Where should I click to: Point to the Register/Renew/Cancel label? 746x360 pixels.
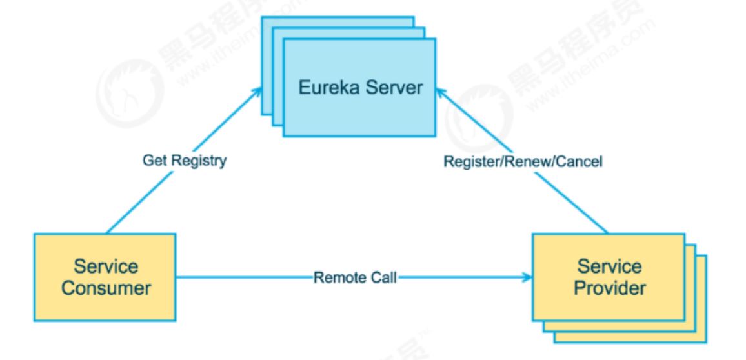pyautogui.click(x=522, y=162)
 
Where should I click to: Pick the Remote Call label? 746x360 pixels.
pyautogui.click(x=354, y=279)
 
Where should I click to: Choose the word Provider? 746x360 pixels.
pyautogui.click(x=610, y=287)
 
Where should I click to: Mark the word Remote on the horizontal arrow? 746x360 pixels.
pyautogui.click(x=335, y=279)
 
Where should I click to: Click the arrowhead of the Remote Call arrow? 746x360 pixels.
pyautogui.click(x=529, y=279)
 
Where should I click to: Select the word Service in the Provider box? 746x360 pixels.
pyautogui.click(x=610, y=267)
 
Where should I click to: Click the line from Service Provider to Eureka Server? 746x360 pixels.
pyautogui.click(x=568, y=200)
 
